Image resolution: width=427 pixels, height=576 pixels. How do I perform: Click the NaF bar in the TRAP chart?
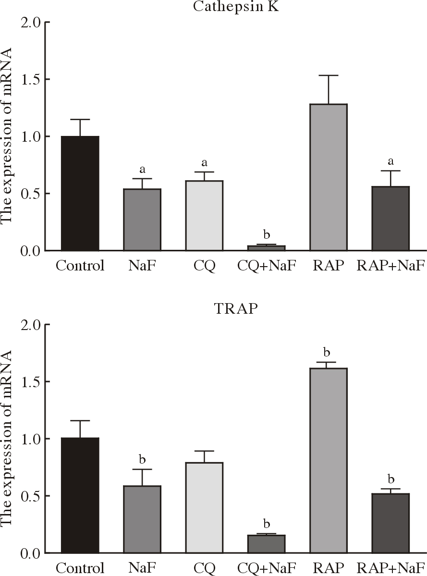point(142,519)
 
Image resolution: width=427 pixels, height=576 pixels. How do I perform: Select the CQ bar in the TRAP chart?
point(204,507)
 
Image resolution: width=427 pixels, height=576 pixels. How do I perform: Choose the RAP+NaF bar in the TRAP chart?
point(390,523)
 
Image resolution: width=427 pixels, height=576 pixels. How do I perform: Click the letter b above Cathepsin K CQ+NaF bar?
point(267,235)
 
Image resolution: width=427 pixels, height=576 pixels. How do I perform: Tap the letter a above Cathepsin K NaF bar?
point(142,170)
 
